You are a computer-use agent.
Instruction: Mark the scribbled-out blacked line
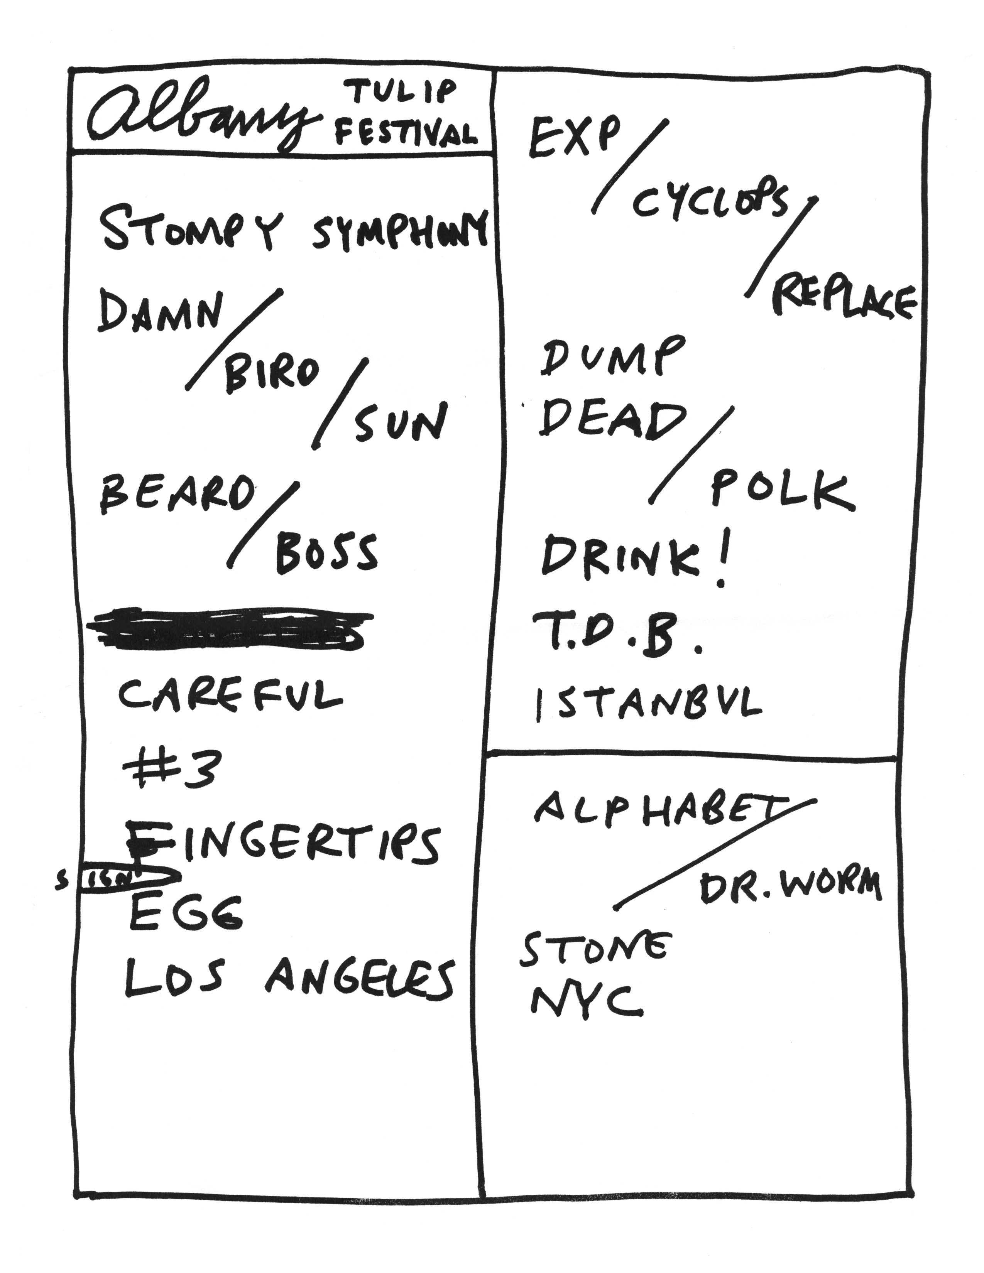(x=227, y=630)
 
